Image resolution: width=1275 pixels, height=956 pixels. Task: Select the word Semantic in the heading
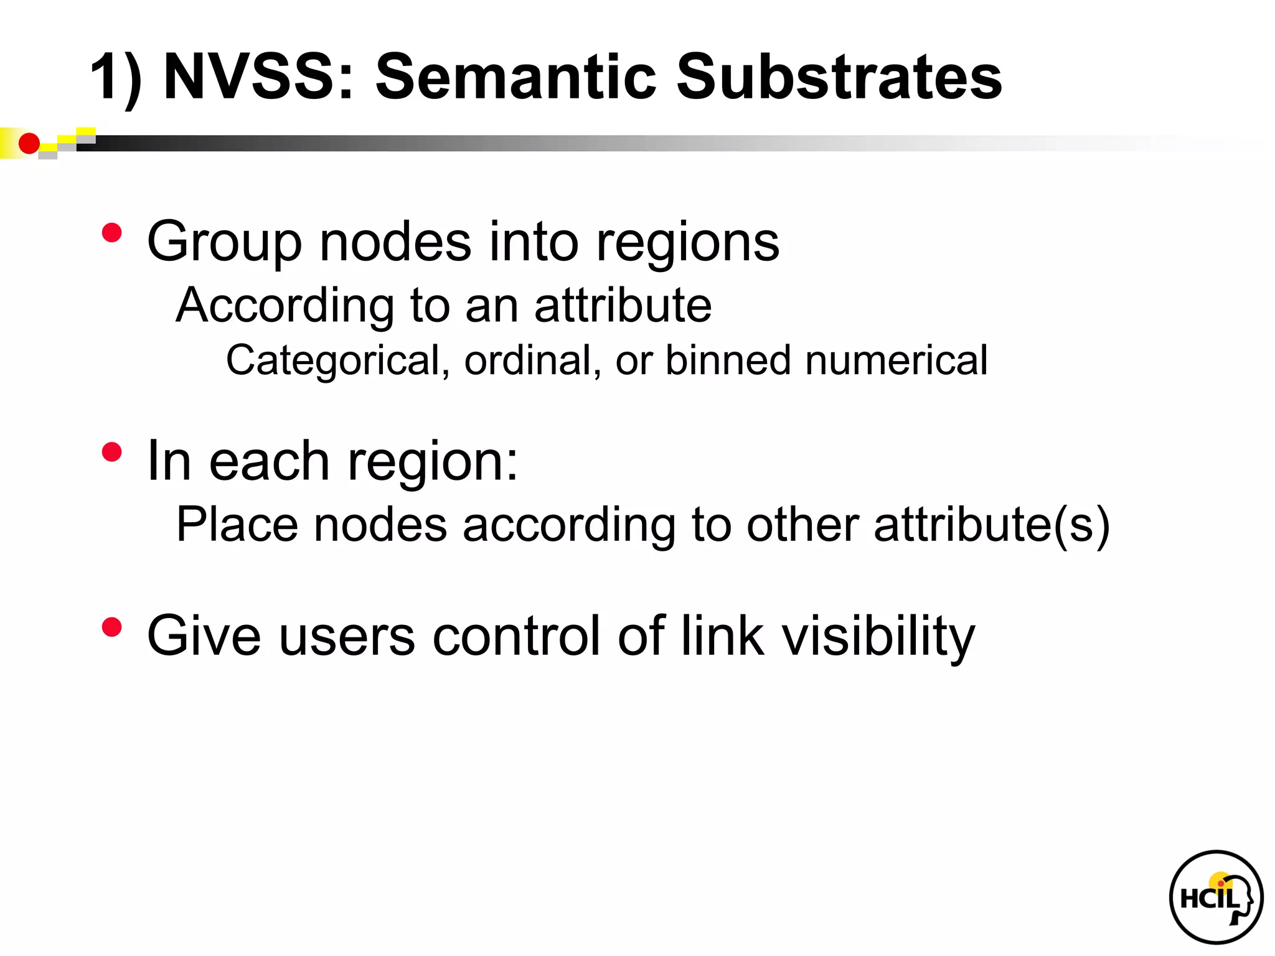pyautogui.click(x=516, y=77)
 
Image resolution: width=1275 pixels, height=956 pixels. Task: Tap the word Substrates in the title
pyautogui.click(x=839, y=77)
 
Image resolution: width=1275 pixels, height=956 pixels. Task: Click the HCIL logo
pyautogui.click(x=1216, y=897)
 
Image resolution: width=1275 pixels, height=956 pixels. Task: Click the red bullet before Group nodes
pyautogui.click(x=112, y=233)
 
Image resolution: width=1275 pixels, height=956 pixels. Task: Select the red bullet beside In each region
pyautogui.click(x=112, y=452)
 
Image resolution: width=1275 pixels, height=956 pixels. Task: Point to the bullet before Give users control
pyautogui.click(x=112, y=627)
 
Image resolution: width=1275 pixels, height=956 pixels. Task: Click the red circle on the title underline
pyautogui.click(x=29, y=144)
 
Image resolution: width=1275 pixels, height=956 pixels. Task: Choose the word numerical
pyautogui.click(x=896, y=361)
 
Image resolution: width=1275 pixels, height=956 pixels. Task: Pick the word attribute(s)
pyautogui.click(x=991, y=525)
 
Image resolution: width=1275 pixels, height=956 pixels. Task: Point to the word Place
pyautogui.click(x=237, y=525)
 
